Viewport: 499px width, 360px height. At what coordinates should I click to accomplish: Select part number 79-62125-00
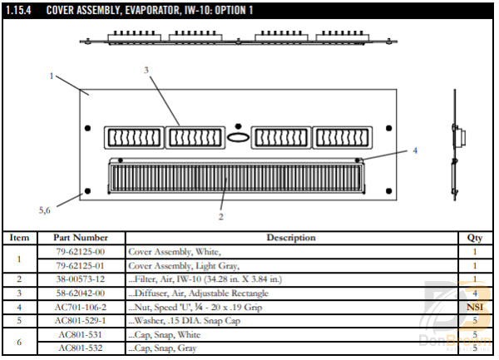(81, 250)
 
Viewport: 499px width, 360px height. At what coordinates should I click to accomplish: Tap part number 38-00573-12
(81, 279)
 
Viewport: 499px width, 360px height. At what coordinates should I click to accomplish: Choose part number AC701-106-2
(81, 306)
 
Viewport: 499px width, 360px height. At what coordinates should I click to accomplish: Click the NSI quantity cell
(475, 306)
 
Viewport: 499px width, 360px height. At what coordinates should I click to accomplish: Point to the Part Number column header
(81, 237)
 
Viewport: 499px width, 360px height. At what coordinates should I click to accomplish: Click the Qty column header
(475, 237)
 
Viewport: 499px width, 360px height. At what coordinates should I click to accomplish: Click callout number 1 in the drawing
(52, 76)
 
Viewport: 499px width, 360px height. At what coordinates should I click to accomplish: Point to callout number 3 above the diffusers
(146, 71)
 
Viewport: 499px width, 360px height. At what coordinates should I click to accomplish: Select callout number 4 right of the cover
(414, 150)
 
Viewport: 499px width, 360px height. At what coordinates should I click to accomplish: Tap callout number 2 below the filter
(220, 216)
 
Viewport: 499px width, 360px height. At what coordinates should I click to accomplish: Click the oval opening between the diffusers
(238, 138)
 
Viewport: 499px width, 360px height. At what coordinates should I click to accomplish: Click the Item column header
(19, 237)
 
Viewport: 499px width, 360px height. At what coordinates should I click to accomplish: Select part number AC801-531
(81, 334)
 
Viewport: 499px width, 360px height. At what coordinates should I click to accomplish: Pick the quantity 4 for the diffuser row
(475, 293)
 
